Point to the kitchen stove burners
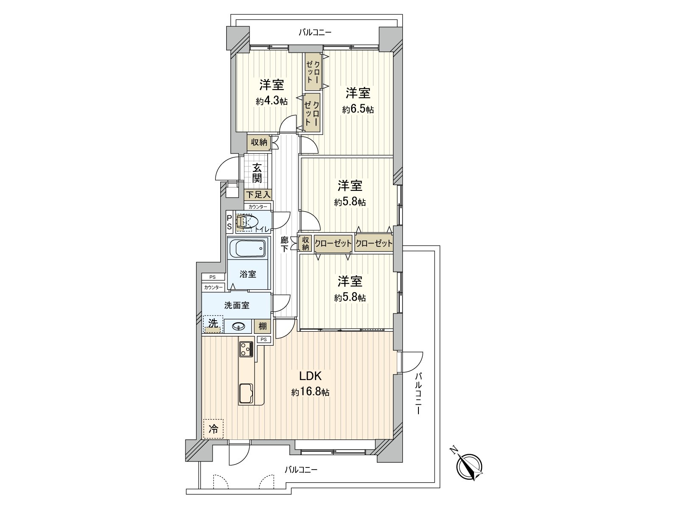click(x=246, y=350)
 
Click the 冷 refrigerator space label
click(x=213, y=429)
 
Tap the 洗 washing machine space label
click(x=213, y=324)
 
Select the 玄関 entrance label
click(x=257, y=173)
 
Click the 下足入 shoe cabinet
click(x=258, y=195)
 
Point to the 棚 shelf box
click(x=262, y=326)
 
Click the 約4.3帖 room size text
click(x=272, y=101)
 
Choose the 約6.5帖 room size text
click(x=358, y=109)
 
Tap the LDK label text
click(x=310, y=376)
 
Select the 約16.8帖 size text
click(x=310, y=392)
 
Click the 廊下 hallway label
click(x=284, y=244)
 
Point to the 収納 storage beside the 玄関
click(x=258, y=142)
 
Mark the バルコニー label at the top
click(x=315, y=32)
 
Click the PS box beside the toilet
click(x=229, y=222)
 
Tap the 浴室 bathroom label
click(x=248, y=274)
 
